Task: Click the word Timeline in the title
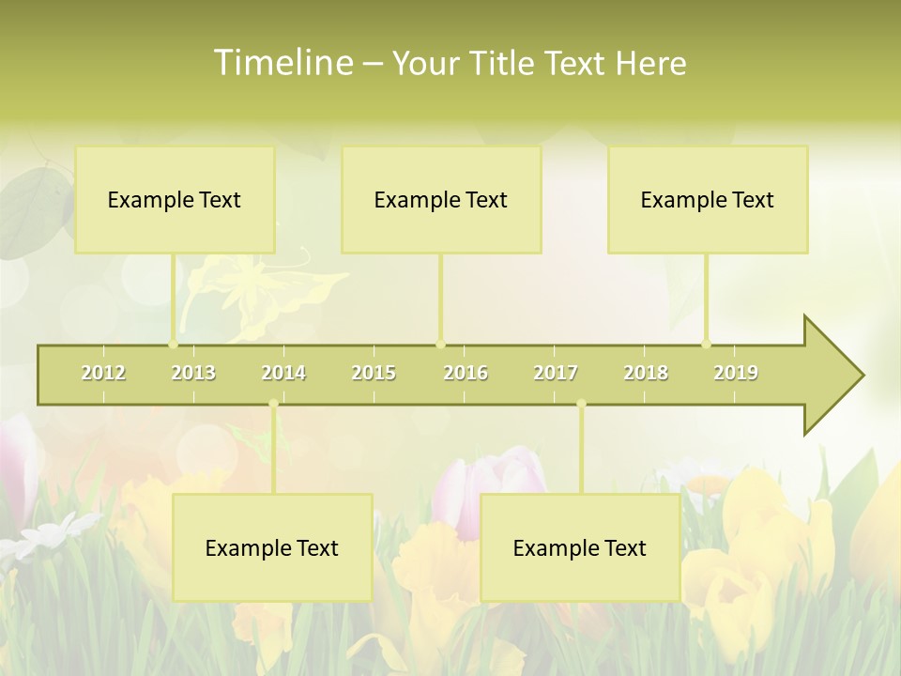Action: coord(283,63)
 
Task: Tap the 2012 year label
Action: coord(103,373)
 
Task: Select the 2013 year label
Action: coord(193,373)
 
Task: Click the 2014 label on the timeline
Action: coord(283,373)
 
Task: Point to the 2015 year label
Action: coord(374,373)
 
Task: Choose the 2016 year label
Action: coord(466,373)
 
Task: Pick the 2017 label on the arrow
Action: coord(556,373)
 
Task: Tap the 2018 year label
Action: coord(646,373)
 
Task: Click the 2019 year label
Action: coord(736,373)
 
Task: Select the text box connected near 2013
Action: coord(175,199)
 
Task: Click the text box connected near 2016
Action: coord(441,199)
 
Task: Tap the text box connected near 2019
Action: coord(708,199)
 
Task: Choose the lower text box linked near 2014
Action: coord(272,547)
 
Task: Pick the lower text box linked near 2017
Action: coord(580,547)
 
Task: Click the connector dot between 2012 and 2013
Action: coord(173,344)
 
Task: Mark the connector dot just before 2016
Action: coord(440,344)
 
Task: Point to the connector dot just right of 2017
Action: coord(581,404)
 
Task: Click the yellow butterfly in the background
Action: coord(253,291)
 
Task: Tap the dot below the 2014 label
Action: coord(273,404)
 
